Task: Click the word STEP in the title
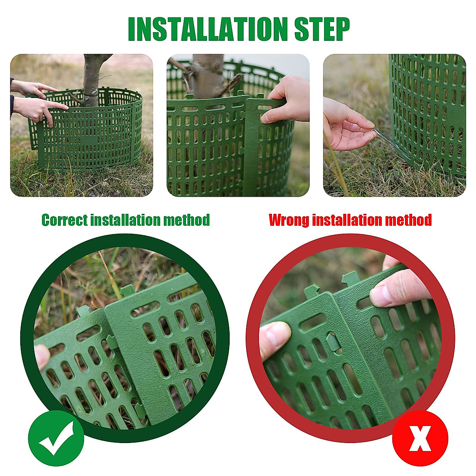322,29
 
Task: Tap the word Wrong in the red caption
289,220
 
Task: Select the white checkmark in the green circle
56,438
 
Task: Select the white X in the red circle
420,438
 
